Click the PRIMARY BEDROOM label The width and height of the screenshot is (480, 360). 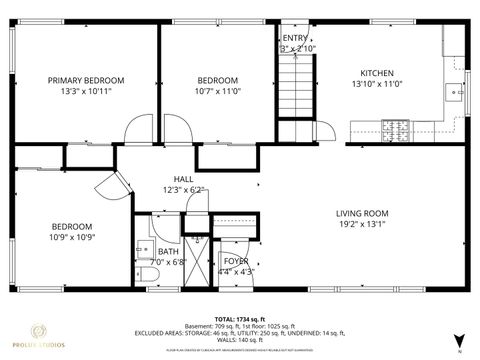pos(85,80)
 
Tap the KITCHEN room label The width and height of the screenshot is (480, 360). pos(377,73)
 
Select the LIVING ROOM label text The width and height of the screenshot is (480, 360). pos(361,212)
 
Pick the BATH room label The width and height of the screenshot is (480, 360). pos(169,252)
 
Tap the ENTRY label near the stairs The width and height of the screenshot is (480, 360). pos(295,38)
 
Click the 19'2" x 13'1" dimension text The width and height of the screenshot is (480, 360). pos(361,225)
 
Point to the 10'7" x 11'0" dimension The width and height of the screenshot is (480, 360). pos(217,92)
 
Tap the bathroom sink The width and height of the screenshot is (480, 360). pos(140,250)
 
